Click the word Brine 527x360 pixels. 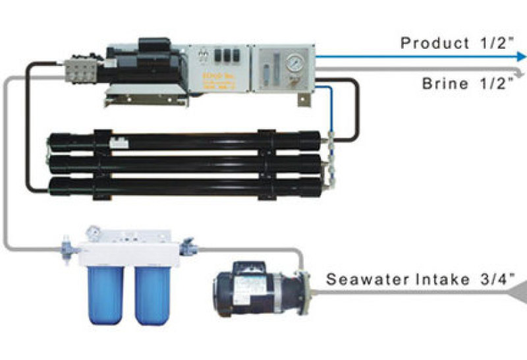445,84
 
